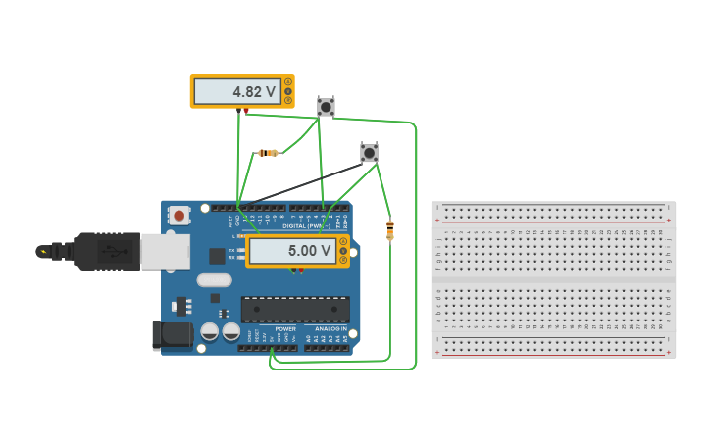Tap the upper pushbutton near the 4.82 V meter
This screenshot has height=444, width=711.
(x=326, y=106)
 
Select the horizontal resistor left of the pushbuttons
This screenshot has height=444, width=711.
(x=267, y=152)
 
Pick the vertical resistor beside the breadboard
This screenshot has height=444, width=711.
(x=390, y=230)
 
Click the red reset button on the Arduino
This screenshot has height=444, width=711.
(x=178, y=215)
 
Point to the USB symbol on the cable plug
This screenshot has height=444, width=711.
(x=116, y=252)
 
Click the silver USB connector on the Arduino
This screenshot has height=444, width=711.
(x=165, y=252)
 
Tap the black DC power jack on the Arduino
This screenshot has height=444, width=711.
(x=173, y=335)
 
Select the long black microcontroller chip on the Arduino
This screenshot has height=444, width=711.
(x=295, y=310)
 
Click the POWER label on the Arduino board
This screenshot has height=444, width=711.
(x=284, y=329)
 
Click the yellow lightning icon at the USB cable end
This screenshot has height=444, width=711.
(x=43, y=252)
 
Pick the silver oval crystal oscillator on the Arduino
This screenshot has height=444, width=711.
(x=214, y=280)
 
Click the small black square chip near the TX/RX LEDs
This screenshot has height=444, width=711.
(x=217, y=256)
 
